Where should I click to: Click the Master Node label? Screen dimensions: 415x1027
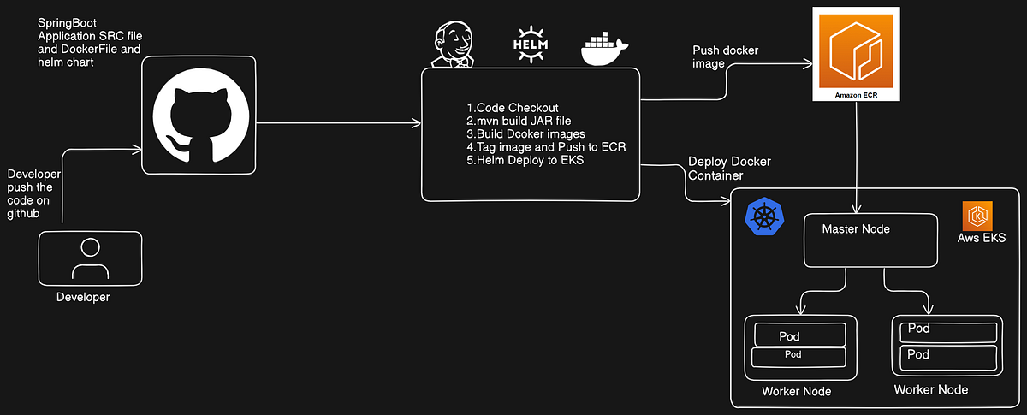pos(856,229)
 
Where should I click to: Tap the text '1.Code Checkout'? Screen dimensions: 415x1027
pos(513,108)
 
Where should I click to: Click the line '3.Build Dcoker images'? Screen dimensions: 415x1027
pos(525,134)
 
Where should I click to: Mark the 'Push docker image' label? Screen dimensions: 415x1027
pos(725,57)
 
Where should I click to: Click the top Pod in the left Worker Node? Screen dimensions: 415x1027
pos(798,335)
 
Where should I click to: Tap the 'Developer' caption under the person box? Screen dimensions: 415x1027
pos(83,297)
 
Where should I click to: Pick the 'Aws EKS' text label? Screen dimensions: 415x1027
pos(981,238)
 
